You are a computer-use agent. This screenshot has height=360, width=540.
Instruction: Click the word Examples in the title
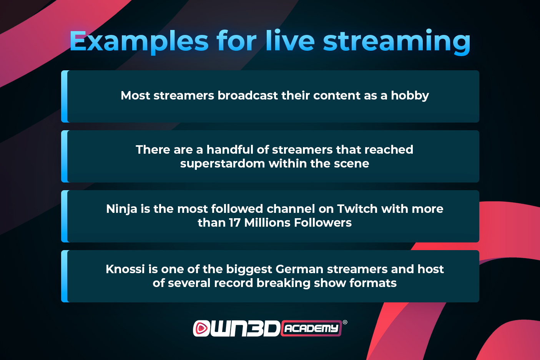pyautogui.click(x=139, y=41)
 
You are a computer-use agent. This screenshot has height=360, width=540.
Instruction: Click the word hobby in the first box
pyautogui.click(x=410, y=96)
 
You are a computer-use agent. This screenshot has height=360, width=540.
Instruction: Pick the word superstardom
pyautogui.click(x=223, y=164)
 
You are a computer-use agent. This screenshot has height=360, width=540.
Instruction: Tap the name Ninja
pyautogui.click(x=121, y=209)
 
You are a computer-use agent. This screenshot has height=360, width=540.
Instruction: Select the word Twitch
pyautogui.click(x=357, y=209)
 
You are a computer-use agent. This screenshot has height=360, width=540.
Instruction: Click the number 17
pyautogui.click(x=234, y=223)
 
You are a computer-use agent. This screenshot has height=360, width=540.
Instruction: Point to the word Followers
pyautogui.click(x=323, y=223)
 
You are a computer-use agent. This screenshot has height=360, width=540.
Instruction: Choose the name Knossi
pyautogui.click(x=125, y=269)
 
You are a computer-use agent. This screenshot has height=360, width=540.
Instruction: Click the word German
pyautogui.click(x=299, y=269)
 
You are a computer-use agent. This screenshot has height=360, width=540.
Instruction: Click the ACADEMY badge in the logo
pyautogui.click(x=311, y=328)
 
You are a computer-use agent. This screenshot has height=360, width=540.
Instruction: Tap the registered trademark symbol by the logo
pyautogui.click(x=345, y=322)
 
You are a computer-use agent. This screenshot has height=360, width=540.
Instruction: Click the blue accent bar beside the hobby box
pyautogui.click(x=64, y=96)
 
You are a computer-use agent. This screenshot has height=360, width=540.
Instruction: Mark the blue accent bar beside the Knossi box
pyautogui.click(x=64, y=276)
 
